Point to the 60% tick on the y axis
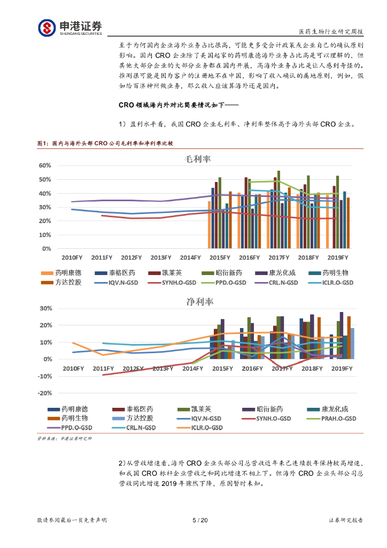[x=46, y=165]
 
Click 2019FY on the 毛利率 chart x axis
[x=337, y=258]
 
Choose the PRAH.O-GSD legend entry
[x=327, y=418]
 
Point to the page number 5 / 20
[x=199, y=520]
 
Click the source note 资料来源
[x=64, y=438]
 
